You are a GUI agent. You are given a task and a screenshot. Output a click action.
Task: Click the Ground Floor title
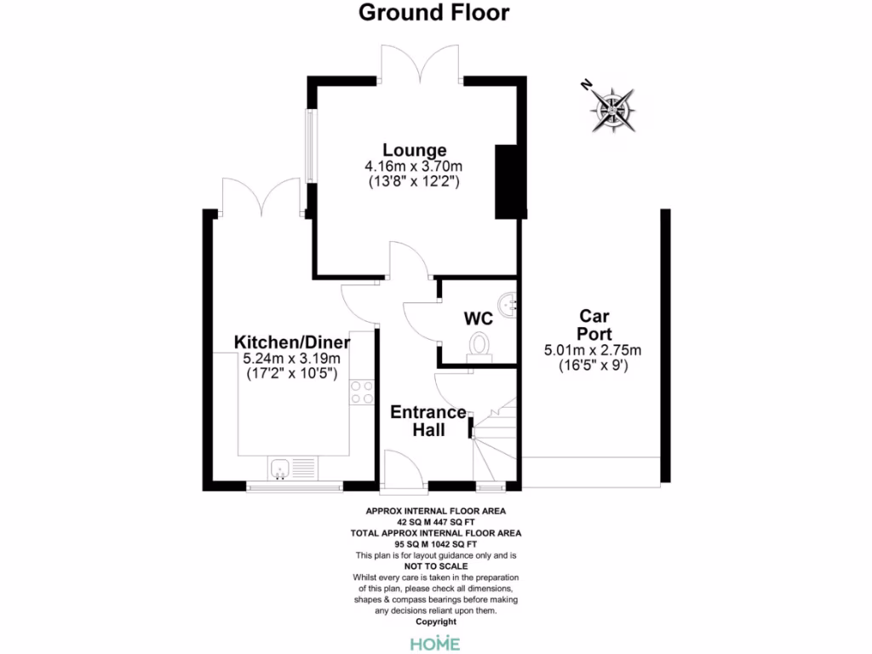434,13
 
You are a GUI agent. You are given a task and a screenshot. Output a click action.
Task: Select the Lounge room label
414,150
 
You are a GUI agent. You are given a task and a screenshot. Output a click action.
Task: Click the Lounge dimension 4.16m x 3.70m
416,166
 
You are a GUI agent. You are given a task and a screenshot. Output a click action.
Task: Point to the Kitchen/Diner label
304,341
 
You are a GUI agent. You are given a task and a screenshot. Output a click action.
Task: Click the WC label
478,318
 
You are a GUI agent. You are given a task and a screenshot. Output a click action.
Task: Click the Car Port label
593,324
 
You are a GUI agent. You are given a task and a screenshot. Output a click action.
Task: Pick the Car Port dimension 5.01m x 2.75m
593,350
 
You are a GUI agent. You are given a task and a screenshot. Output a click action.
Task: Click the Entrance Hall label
428,421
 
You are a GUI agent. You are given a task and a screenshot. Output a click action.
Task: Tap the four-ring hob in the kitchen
362,392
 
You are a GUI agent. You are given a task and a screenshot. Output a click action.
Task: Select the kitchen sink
291,468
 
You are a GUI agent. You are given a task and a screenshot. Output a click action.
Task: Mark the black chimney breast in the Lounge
507,181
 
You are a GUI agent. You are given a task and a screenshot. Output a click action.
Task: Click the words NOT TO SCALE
435,565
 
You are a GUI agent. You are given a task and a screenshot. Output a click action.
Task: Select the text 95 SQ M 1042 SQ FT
435,543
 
